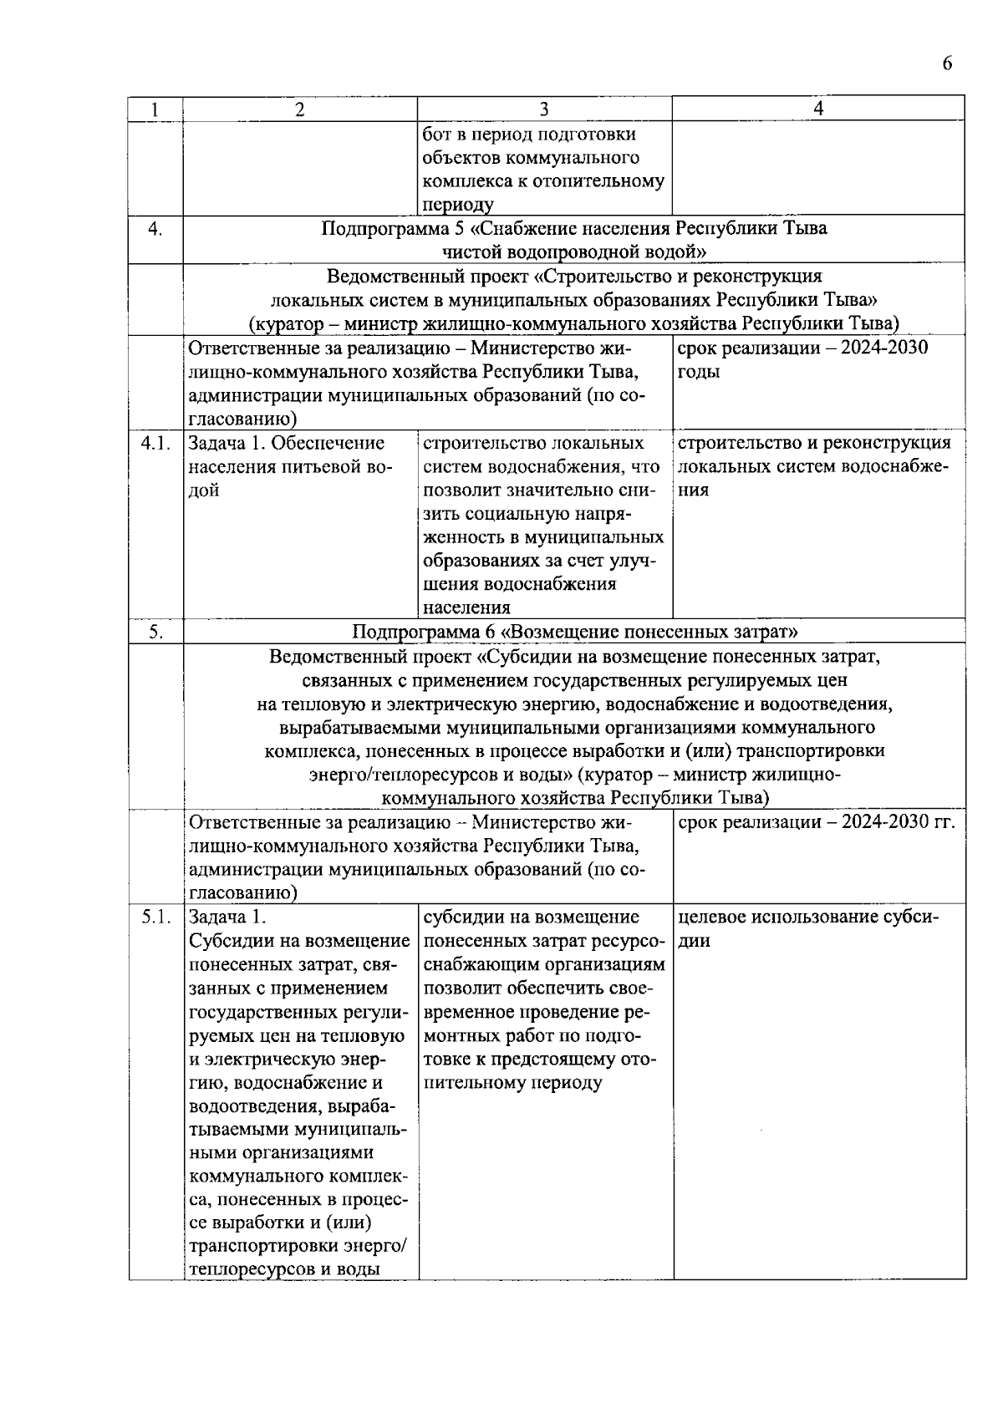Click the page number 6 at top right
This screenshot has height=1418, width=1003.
947,64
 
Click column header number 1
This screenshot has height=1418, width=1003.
155,109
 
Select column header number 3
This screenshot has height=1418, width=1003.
544,109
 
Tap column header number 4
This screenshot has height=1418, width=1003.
818,109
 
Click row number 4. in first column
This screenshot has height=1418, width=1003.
155,229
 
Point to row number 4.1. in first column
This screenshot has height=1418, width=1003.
155,444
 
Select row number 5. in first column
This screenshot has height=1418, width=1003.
155,632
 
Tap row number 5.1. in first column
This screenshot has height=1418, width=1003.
155,917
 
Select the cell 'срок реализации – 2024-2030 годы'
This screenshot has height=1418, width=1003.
802,359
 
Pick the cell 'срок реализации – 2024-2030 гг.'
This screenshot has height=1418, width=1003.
816,823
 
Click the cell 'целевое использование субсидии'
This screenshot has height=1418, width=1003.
807,928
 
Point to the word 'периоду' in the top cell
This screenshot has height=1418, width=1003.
458,205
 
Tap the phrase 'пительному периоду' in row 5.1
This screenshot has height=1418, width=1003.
512,1083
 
